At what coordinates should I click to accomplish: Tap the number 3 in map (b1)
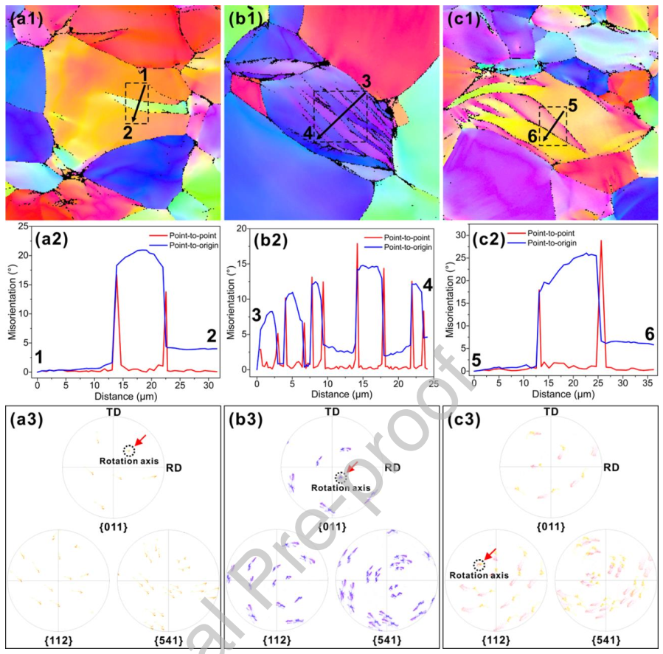coord(366,80)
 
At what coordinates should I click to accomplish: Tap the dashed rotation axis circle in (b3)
coord(339,477)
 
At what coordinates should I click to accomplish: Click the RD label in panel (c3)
coord(610,467)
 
